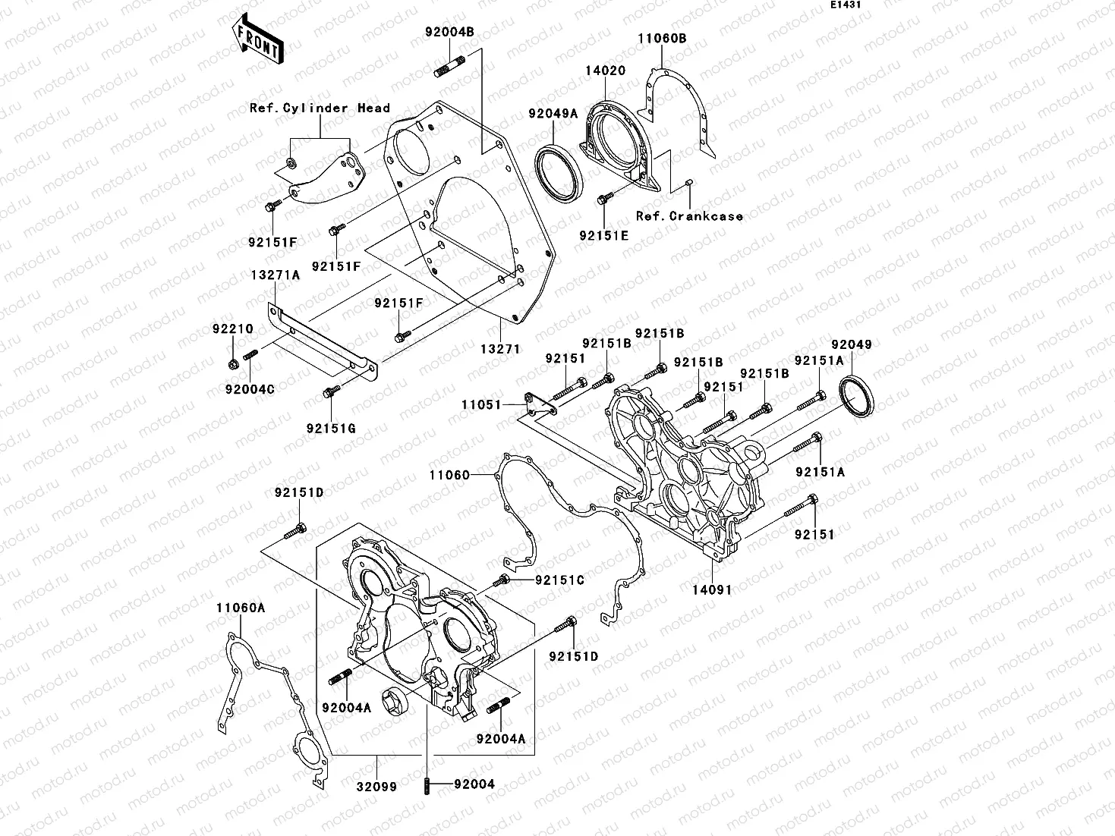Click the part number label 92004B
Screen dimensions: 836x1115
[x=449, y=32]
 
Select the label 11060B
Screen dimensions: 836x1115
[x=662, y=38]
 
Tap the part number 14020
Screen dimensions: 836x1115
[x=605, y=70]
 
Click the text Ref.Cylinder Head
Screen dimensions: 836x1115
[x=320, y=108]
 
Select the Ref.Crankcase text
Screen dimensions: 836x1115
[x=689, y=216]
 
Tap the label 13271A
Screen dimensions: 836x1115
[x=276, y=275]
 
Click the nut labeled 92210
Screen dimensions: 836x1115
[x=233, y=363]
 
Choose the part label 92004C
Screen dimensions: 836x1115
[x=249, y=389]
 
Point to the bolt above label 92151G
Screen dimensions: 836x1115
[x=330, y=393]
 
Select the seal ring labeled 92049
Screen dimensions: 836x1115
[x=856, y=395]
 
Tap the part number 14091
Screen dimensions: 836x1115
[x=710, y=589]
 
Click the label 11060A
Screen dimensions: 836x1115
[x=240, y=608]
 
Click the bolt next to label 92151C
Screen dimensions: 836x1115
[x=502, y=581]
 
